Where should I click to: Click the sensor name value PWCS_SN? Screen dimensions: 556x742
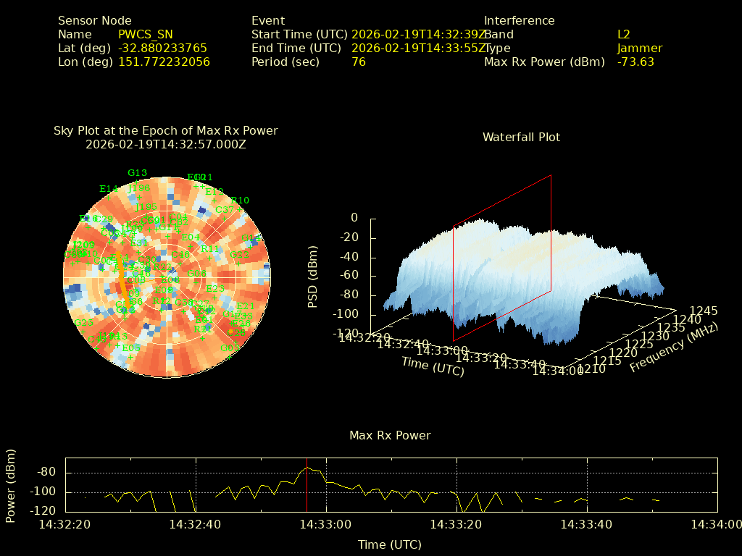(x=145, y=35)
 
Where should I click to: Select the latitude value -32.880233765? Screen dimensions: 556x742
(x=162, y=49)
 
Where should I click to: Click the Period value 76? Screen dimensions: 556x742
(x=359, y=62)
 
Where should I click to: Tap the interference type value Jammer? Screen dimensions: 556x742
(x=640, y=49)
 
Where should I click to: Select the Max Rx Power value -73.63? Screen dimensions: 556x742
(x=635, y=62)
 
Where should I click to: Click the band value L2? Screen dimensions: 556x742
(x=624, y=35)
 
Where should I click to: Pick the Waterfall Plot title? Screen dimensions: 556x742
(x=521, y=138)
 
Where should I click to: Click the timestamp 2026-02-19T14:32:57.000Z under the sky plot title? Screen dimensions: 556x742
(x=166, y=145)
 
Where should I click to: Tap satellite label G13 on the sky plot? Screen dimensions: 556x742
(x=137, y=173)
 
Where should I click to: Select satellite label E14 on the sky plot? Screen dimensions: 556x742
(x=109, y=189)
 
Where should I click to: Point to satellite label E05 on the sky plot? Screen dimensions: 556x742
(x=131, y=347)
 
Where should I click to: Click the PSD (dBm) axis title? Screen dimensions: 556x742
(x=313, y=275)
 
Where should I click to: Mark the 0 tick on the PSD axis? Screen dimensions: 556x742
(x=354, y=218)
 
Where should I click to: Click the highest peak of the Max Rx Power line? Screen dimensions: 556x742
(x=307, y=468)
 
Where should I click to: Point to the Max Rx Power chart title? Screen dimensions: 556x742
(x=390, y=436)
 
